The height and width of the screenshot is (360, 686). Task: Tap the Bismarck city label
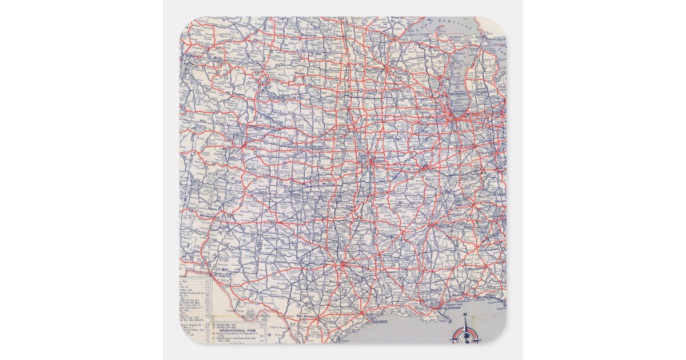click(308, 35)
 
